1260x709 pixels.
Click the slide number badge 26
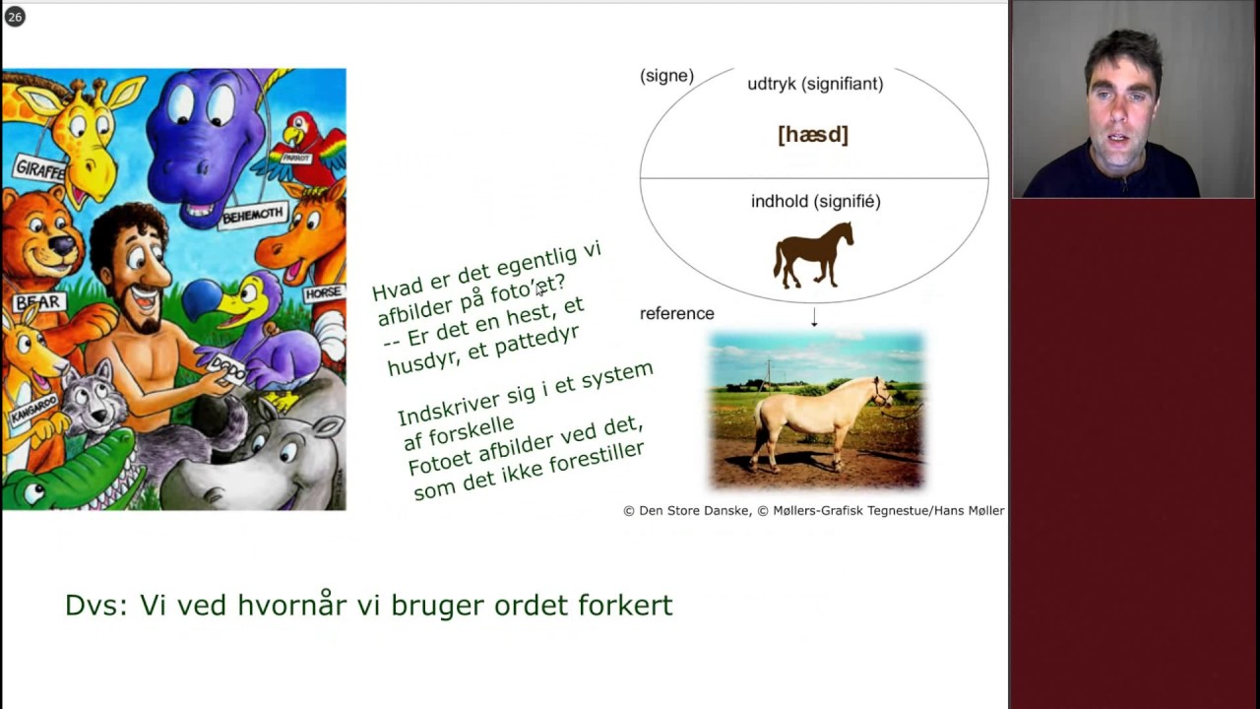(14, 17)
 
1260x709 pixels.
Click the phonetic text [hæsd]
(813, 135)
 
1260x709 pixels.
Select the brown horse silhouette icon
(813, 255)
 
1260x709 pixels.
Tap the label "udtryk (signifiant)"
(815, 84)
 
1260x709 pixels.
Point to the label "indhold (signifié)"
(815, 201)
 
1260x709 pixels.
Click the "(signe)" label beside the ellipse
(666, 76)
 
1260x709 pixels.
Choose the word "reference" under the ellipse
(676, 313)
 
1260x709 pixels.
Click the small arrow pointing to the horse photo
(814, 317)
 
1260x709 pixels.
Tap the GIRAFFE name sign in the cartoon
(39, 169)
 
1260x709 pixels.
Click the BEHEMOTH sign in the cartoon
(252, 214)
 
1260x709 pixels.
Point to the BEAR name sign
(37, 302)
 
